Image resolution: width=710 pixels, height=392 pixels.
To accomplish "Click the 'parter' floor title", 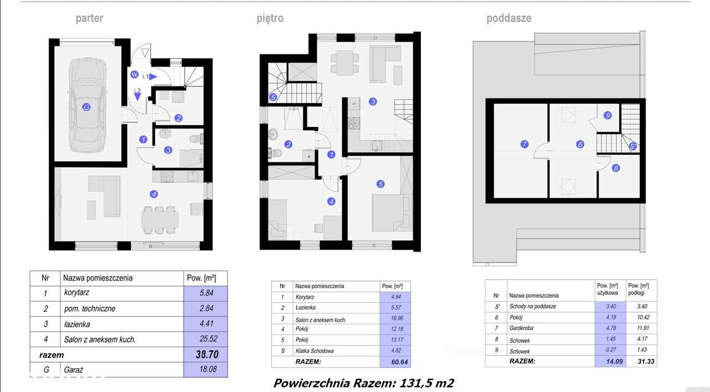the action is [x=89, y=18].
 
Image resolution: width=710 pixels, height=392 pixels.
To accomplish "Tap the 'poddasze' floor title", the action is [x=509, y=18].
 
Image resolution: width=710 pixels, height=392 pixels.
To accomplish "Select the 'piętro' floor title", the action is [x=270, y=18].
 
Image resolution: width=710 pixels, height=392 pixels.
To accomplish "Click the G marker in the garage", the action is [x=86, y=107].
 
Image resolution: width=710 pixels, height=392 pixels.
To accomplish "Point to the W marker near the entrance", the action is [x=134, y=75].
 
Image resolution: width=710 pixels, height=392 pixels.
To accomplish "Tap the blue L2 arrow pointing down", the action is [x=137, y=97].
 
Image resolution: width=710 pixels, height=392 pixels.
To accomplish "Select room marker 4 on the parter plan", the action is [x=154, y=194].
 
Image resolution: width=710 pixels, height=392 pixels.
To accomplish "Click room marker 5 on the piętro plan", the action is [x=381, y=184].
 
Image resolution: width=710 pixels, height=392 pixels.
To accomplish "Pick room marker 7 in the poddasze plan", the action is [x=524, y=145].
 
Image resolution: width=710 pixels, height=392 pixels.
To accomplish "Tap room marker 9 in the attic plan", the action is [x=607, y=115].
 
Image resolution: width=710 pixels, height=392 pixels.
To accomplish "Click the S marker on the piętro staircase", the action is [x=273, y=97].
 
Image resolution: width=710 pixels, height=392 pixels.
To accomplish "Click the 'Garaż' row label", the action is [x=73, y=370].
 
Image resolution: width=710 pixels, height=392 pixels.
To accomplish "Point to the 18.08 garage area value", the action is [x=208, y=369].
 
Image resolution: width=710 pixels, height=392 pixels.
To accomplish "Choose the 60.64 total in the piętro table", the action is [x=399, y=362].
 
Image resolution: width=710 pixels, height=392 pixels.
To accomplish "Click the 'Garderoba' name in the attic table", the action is [x=521, y=328].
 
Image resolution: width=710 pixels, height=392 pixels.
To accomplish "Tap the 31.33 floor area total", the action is [x=646, y=362].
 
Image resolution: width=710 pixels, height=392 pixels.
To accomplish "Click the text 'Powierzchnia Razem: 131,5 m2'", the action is [x=363, y=383].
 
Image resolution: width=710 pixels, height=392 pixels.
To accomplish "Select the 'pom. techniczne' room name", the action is [x=90, y=309].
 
